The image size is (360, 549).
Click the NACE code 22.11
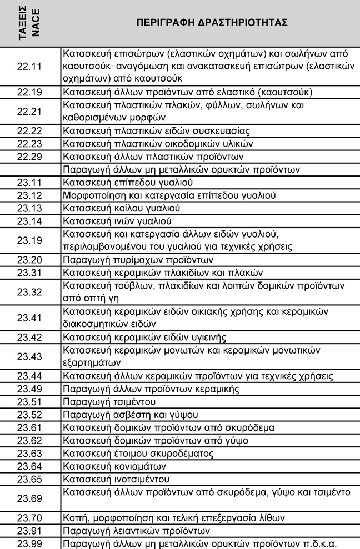pos(29,67)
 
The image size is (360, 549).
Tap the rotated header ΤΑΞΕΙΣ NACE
pos(30,23)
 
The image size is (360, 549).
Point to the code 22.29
pos(29,157)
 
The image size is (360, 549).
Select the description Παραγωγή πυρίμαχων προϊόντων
pos(138,260)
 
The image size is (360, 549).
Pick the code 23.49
pos(29,389)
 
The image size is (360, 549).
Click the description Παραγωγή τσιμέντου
pos(109,401)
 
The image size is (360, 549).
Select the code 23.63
pos(29,453)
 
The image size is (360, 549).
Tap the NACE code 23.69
pos(29,498)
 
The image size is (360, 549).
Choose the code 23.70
pos(29,518)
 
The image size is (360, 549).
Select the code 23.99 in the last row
pos(29,543)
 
